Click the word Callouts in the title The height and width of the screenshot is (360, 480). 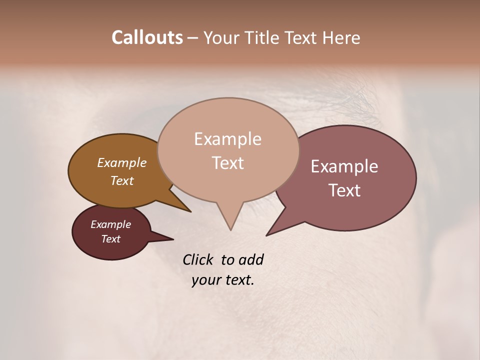point(147,37)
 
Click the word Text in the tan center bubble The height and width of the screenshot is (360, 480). point(227,162)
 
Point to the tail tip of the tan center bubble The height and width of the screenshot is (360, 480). point(230,229)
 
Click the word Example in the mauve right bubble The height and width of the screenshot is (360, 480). point(344,166)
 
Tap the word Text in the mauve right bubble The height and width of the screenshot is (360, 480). point(344,190)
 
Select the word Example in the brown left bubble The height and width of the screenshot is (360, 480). point(121,162)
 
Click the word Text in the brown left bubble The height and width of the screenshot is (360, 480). point(121,180)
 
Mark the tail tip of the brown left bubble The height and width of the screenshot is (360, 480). point(190,211)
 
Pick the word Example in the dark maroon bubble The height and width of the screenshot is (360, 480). point(110,224)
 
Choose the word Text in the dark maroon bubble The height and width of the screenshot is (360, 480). point(110,239)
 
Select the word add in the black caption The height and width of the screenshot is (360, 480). point(250,259)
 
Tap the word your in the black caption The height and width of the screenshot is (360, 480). point(205,280)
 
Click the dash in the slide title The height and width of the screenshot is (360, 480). point(193,38)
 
